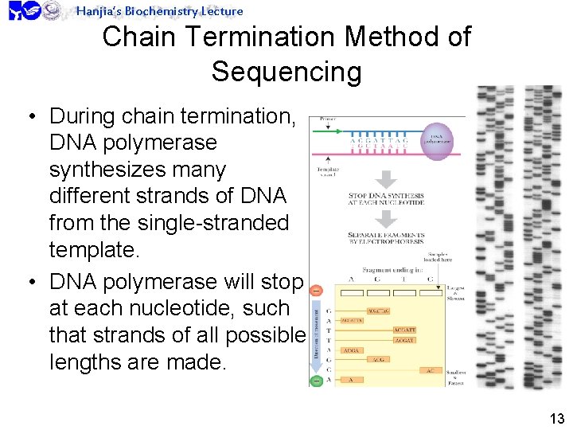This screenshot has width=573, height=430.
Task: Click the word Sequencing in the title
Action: pyautogui.click(x=286, y=72)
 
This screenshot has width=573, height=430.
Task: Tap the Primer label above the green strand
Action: pyautogui.click(x=327, y=118)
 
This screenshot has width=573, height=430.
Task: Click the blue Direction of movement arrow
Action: pyautogui.click(x=316, y=334)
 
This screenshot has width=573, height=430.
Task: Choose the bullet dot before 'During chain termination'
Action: pyautogui.click(x=29, y=117)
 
